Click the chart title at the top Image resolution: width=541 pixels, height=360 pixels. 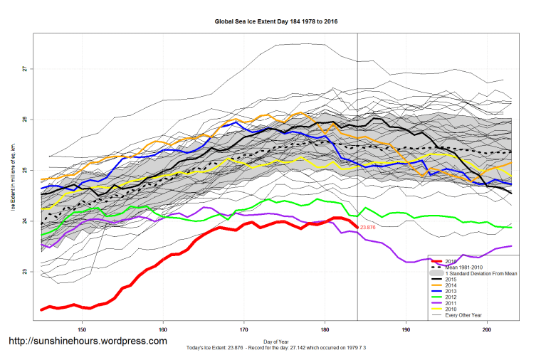[276, 22]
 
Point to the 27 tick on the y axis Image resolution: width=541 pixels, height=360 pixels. [24, 69]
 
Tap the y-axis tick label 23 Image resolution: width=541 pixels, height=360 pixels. [24, 272]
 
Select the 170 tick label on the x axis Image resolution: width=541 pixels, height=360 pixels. [244, 329]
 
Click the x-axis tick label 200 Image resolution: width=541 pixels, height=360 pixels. [487, 329]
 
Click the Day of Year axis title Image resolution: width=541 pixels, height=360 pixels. [276, 341]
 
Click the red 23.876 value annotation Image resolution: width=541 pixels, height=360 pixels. [368, 227]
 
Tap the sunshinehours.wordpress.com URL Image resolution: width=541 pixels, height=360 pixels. [88, 342]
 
